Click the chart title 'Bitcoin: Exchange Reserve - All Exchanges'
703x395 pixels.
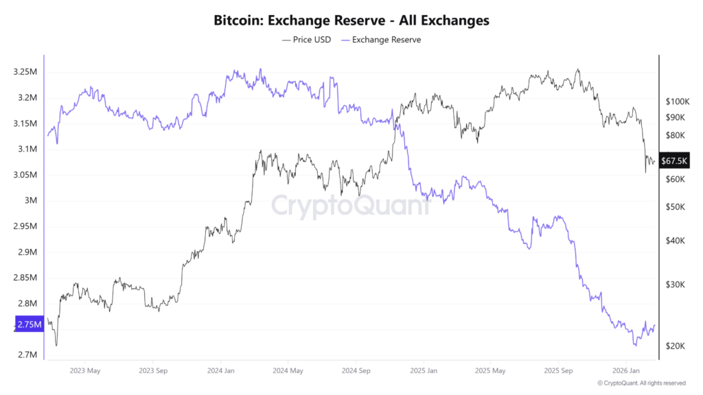tap(351, 21)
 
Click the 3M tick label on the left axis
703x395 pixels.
tap(30, 201)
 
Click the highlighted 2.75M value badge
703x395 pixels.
tap(29, 324)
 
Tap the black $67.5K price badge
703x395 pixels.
tap(673, 161)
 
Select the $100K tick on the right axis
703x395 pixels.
tap(676, 101)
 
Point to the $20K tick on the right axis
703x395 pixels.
tap(674, 346)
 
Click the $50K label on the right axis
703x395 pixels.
tap(674, 207)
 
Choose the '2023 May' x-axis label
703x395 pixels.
tap(84, 371)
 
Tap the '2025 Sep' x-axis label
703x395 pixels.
tap(558, 371)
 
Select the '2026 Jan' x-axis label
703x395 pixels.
tap(626, 371)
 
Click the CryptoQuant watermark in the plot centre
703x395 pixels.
tap(351, 205)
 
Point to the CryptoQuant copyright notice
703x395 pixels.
tap(641, 383)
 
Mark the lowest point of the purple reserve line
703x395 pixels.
tap(634, 346)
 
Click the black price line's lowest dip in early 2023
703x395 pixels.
tap(56, 345)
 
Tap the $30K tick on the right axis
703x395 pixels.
tap(674, 285)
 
